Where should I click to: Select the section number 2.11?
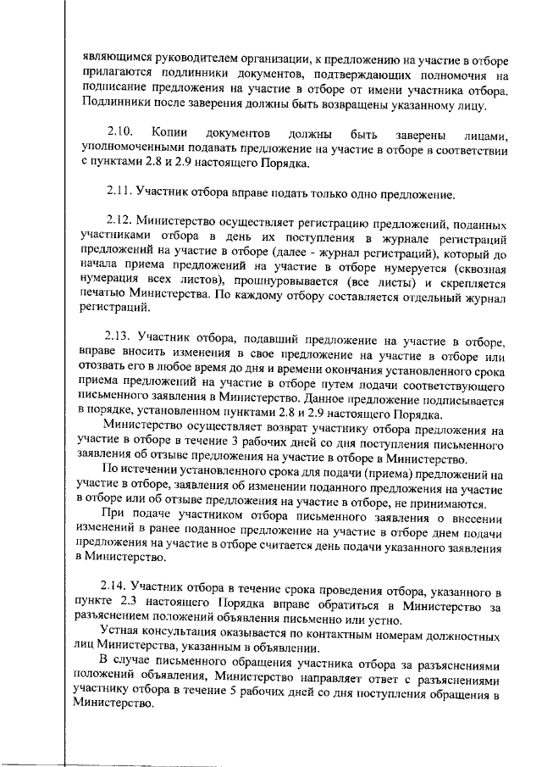click(x=120, y=194)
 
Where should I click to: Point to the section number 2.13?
click(x=120, y=342)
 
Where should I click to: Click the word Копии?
click(x=166, y=134)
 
